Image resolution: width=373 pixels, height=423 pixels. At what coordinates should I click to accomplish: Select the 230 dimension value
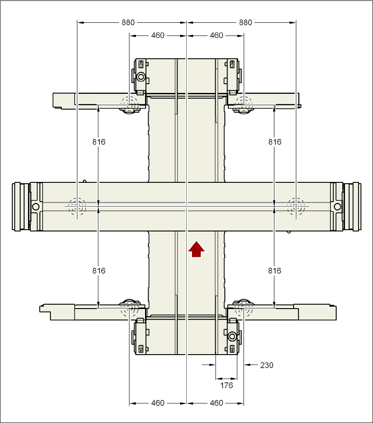pos(266,365)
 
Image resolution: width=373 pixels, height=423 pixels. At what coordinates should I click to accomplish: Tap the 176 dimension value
pos(226,385)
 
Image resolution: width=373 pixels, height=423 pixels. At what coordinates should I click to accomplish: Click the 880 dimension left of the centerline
pos(128,22)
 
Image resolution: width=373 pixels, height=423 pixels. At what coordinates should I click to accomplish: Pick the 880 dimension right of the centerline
pos(245,22)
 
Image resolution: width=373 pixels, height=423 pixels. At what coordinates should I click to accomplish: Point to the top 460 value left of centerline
pos(158,36)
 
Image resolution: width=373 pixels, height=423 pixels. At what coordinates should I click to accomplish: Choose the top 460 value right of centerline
pos(217,36)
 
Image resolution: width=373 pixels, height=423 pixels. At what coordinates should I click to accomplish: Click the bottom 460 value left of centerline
pos(158,403)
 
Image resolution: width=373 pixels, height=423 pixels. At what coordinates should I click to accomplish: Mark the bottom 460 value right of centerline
pos(217,403)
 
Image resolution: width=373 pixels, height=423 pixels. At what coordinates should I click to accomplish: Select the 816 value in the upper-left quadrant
pos(99,142)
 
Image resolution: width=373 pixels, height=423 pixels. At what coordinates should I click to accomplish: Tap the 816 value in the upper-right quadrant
pos(275,142)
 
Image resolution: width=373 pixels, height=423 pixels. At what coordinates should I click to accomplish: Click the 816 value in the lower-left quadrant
pos(99,271)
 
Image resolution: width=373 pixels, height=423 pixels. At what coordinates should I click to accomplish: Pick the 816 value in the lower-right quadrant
pos(275,271)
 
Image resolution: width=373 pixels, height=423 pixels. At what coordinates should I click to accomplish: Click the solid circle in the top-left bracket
pos(141,78)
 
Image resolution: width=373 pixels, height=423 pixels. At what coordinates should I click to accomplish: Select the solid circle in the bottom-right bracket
pos(232,337)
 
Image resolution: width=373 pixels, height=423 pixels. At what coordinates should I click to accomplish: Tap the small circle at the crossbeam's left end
pos(36,206)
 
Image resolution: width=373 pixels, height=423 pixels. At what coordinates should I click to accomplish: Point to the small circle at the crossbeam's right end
pos(337,206)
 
